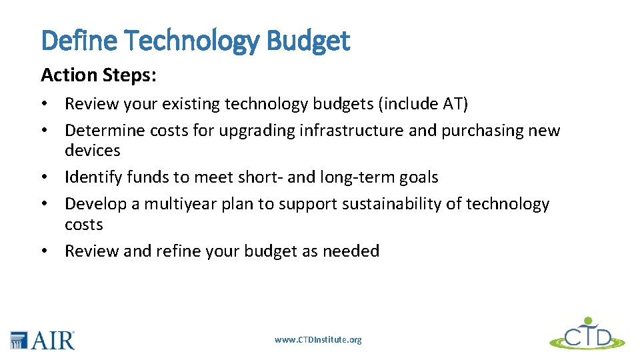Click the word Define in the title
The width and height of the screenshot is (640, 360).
79,41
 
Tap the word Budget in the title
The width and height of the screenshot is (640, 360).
307,41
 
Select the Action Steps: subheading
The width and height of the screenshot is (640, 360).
99,75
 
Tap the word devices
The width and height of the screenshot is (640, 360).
92,151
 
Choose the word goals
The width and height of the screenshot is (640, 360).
418,177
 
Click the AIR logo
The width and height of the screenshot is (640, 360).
43,339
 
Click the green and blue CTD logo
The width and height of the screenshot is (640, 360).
587,333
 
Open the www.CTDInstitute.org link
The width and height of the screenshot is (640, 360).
318,340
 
